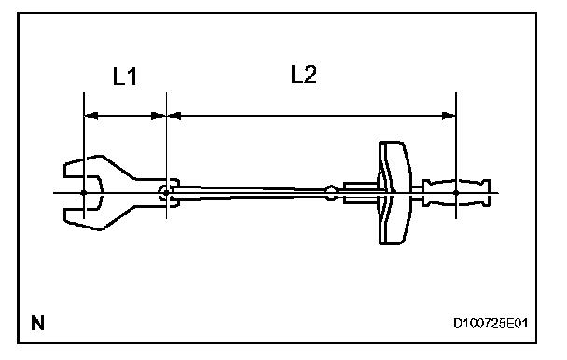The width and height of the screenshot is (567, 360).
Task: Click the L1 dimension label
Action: tap(125, 76)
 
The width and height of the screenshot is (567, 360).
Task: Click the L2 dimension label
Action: tap(304, 75)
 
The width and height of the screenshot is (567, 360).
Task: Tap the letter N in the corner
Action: tap(37, 323)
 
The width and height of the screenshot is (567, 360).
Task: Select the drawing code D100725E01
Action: tap(491, 323)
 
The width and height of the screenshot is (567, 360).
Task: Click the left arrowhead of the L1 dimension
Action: tap(90, 116)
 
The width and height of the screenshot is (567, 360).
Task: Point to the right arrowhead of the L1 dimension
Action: tap(159, 116)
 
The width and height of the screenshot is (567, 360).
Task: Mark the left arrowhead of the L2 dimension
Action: tap(174, 116)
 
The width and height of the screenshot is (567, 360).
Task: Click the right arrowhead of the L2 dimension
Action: tap(449, 116)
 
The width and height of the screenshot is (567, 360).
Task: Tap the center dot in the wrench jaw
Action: tap(84, 192)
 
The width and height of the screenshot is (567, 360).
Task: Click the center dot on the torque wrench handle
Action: tap(456, 193)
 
